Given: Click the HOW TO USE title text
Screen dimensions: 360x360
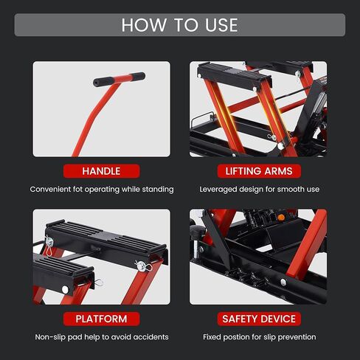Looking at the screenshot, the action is pyautogui.click(x=179, y=25).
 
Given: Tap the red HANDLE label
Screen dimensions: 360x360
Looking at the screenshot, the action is pyautogui.click(x=101, y=171).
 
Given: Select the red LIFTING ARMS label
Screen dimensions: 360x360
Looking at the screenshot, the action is pyautogui.click(x=259, y=171).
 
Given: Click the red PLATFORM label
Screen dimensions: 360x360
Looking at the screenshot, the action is pyautogui.click(x=101, y=319).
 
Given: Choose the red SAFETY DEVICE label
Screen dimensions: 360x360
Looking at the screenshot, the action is pyautogui.click(x=259, y=319).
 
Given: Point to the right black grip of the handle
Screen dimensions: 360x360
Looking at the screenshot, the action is pyautogui.click(x=138, y=76).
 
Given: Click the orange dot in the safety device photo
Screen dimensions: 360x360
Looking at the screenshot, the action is pyautogui.click(x=281, y=218).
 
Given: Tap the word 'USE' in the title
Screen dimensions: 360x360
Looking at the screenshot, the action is pyautogui.click(x=221, y=25).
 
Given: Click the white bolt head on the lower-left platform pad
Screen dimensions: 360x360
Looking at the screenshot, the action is pyautogui.click(x=65, y=289).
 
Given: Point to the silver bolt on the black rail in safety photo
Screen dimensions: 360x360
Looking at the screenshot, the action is pyautogui.click(x=283, y=282).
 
